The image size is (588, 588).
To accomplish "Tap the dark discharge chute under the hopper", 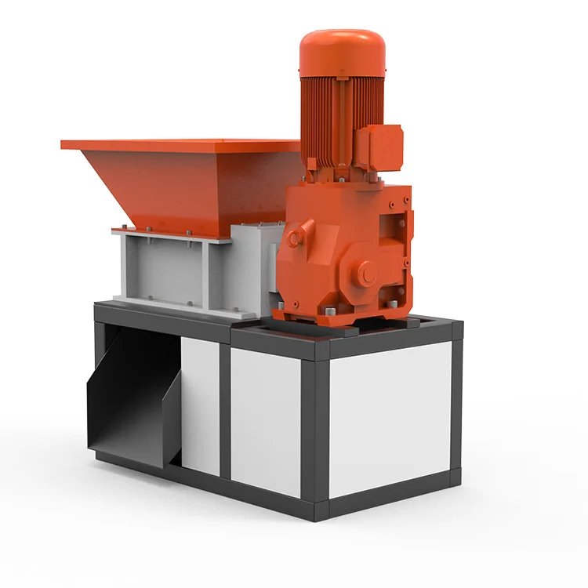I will click(x=129, y=400).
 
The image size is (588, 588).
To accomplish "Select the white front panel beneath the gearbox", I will click(x=266, y=419).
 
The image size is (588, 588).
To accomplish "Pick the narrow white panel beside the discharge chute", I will click(x=200, y=404).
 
